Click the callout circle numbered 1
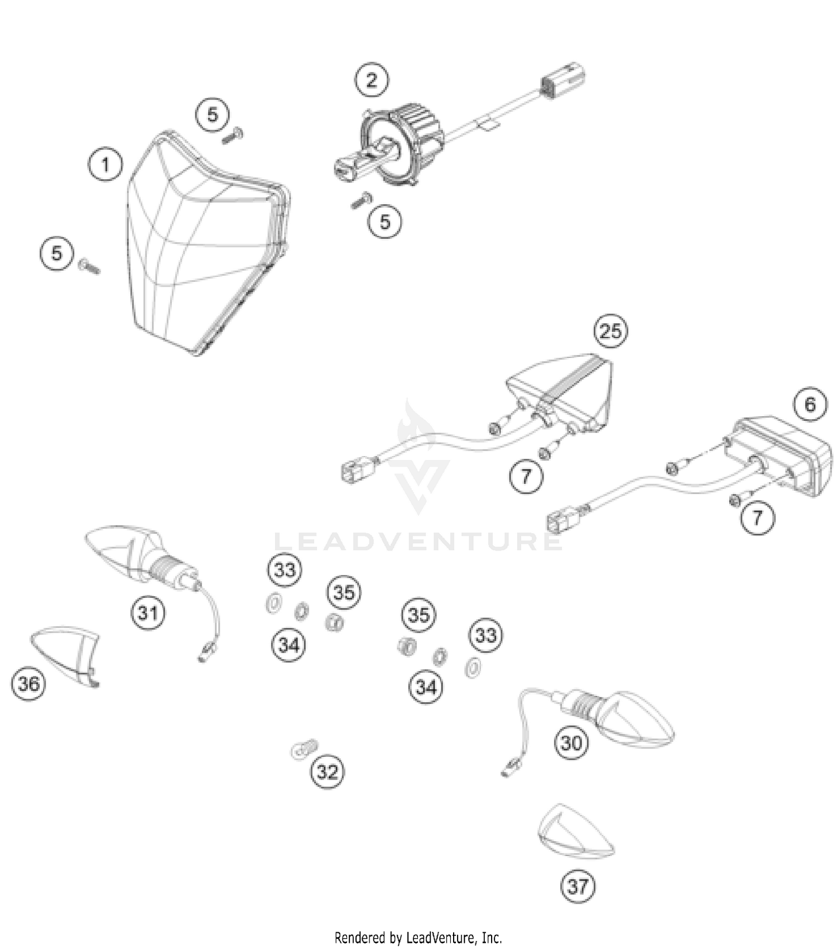(105, 165)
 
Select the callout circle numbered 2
(372, 80)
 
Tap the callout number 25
(610, 331)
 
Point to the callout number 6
(810, 404)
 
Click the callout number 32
(327, 771)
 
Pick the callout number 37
(578, 886)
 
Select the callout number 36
(28, 683)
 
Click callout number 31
(148, 612)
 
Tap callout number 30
(571, 742)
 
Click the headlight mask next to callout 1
(201, 246)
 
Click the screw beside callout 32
(304, 748)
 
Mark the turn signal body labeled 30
(631, 720)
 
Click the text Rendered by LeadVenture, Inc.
(418, 937)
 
